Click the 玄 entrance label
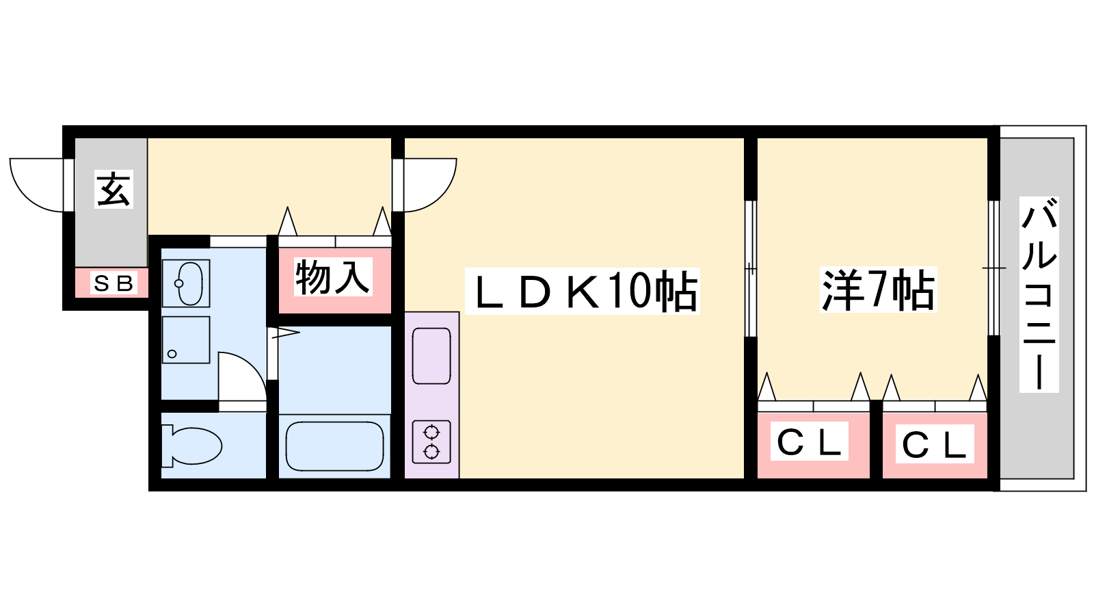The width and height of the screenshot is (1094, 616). click(x=114, y=189)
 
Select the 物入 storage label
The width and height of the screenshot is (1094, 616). click(x=333, y=278)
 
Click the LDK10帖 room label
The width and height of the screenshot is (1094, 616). click(x=583, y=291)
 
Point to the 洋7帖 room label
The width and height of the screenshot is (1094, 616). click(x=878, y=290)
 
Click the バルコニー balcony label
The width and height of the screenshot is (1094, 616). click(x=1039, y=294)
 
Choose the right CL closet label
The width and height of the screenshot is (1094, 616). click(x=934, y=444)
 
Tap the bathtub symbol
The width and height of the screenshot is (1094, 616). click(x=334, y=446)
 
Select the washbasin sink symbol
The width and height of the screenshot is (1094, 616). click(x=186, y=283)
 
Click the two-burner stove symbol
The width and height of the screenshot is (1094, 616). click(x=431, y=442)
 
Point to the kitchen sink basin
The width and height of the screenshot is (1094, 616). click(x=431, y=356)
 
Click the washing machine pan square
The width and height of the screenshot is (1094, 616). click(x=186, y=339)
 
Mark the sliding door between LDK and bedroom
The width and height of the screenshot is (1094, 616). click(x=751, y=268)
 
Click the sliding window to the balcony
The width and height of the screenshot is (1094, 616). click(x=994, y=268)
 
